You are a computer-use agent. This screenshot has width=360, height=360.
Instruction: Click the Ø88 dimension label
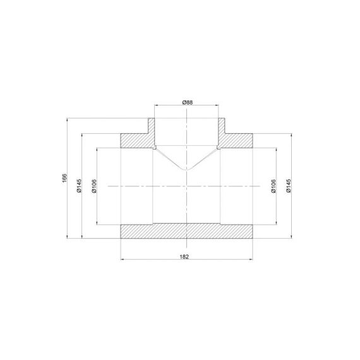188,102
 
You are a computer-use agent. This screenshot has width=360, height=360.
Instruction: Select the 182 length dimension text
184,256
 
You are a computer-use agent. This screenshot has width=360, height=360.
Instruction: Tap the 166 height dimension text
64,178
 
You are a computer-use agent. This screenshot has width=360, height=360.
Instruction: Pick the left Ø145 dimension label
79,186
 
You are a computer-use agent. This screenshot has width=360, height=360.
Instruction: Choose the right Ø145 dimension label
289,186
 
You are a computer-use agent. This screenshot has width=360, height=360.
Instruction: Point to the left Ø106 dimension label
94,186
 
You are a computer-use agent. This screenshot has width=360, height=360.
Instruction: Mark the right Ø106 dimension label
273,186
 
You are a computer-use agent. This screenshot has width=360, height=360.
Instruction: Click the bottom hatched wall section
186,231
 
